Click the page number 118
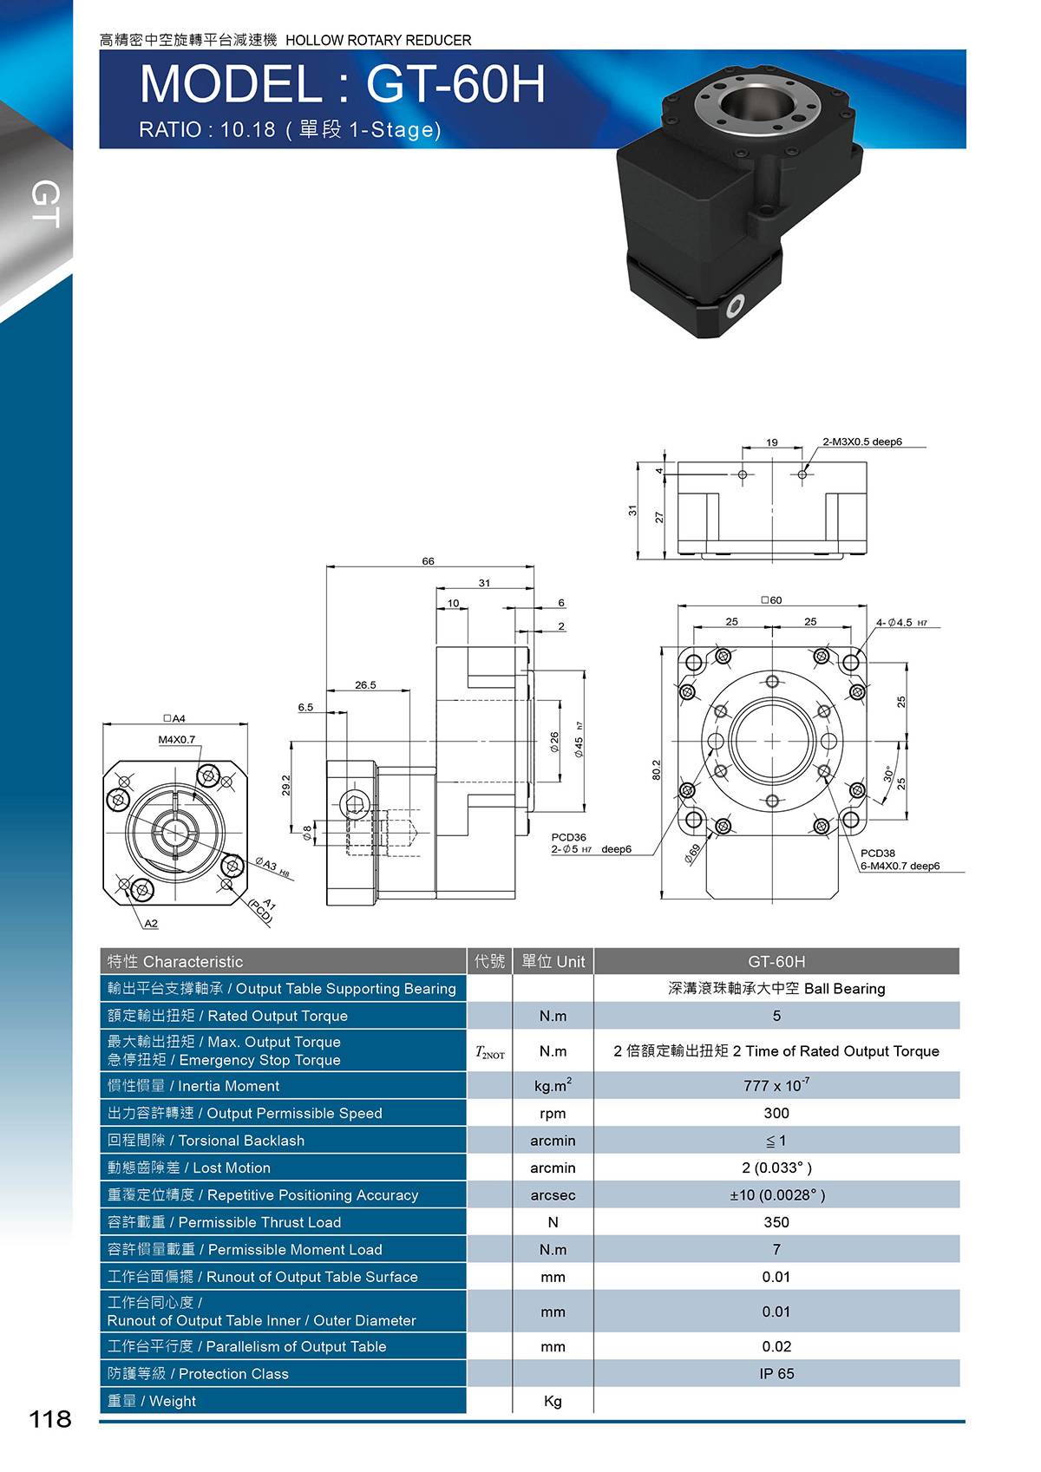click(x=50, y=1419)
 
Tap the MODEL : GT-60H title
click(x=343, y=84)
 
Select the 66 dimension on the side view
click(x=428, y=561)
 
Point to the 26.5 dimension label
click(x=365, y=684)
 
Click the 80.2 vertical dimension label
click(x=656, y=769)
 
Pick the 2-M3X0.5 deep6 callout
click(x=862, y=442)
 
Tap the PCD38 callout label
click(x=878, y=853)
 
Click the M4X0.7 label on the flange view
click(x=177, y=739)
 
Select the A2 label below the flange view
click(x=151, y=923)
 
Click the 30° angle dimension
click(x=887, y=774)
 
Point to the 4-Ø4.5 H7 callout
click(x=901, y=622)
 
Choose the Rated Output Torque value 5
click(x=776, y=1016)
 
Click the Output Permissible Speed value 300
click(x=776, y=1113)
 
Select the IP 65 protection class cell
click(x=776, y=1373)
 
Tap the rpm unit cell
click(x=553, y=1113)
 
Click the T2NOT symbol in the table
click(x=489, y=1052)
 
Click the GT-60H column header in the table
click(x=776, y=961)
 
